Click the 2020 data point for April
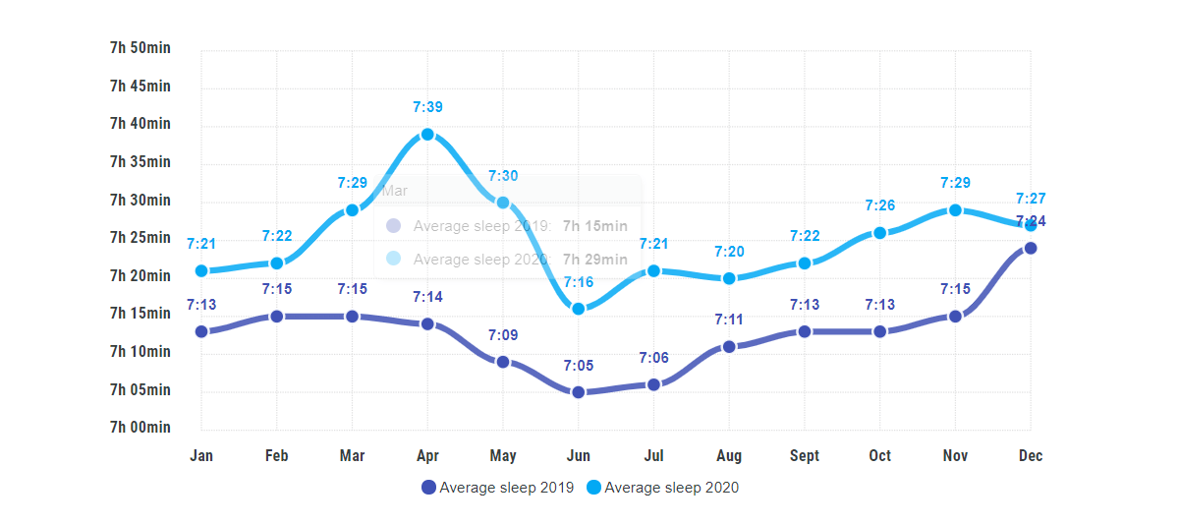427,135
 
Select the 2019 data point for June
579,392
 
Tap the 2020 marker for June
579,309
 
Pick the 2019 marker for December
1031,248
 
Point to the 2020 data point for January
201,270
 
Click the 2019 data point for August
729,346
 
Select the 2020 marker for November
955,210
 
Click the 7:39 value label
427,107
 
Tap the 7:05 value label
579,366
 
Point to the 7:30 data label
503,176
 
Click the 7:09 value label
503,335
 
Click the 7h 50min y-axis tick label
140,48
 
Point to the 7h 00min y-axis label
140,428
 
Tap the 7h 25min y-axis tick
140,238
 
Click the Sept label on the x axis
805,455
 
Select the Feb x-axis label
277,455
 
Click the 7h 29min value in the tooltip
594,260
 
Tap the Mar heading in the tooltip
394,191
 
